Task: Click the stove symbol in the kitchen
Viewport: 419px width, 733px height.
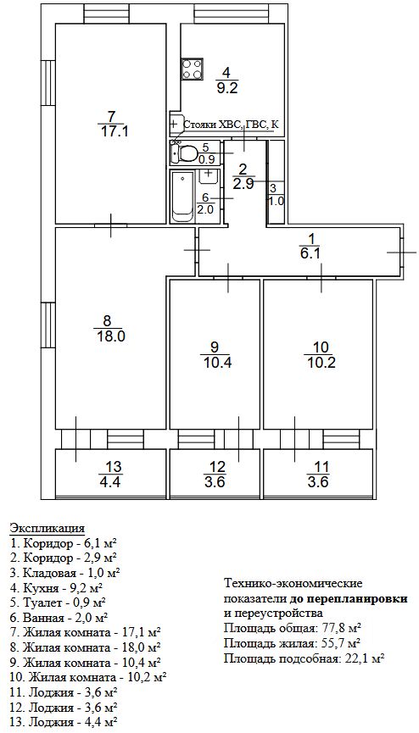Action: point(192,69)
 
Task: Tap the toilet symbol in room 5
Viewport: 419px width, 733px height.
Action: point(186,153)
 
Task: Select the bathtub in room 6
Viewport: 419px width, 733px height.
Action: point(183,197)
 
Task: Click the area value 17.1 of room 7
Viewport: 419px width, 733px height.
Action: point(115,131)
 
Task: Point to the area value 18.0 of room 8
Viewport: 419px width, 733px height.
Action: point(107,336)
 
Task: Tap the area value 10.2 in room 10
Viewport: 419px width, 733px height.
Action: point(323,363)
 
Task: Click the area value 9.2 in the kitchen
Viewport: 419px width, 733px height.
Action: point(227,88)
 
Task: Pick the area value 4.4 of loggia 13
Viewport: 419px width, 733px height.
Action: point(110,481)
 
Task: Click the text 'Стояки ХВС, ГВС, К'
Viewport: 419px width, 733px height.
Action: point(232,125)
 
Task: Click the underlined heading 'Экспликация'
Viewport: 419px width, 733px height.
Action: point(47,528)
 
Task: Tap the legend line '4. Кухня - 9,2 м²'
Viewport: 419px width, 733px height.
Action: point(56,586)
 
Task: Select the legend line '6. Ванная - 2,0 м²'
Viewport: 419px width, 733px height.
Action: point(59,619)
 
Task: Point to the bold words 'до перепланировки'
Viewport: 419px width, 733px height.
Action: point(349,599)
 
